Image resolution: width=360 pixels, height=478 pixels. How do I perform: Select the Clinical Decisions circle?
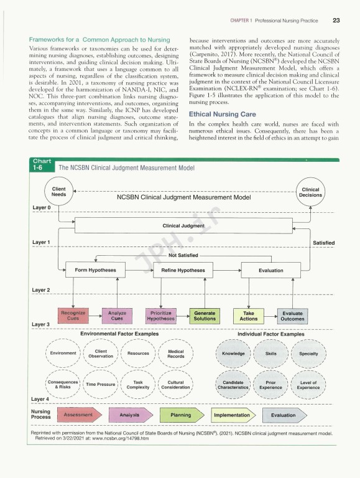310,192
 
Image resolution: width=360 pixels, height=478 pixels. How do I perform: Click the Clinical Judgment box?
183,226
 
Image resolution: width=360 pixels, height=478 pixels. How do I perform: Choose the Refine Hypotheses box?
183,270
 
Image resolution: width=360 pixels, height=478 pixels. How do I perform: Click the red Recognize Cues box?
73,316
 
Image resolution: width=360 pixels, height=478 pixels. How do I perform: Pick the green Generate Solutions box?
205,316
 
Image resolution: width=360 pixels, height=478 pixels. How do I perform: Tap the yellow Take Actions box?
249,316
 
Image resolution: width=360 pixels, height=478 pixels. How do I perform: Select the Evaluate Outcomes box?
292,316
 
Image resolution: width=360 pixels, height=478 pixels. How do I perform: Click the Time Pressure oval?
101,384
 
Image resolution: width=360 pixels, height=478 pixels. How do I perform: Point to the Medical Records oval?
176,354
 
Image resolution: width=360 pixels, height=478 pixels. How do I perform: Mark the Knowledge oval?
233,354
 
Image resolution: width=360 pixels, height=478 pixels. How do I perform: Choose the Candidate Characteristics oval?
233,385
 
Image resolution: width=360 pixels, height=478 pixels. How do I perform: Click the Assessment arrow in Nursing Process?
80,415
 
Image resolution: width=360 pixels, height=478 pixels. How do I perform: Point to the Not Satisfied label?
183,255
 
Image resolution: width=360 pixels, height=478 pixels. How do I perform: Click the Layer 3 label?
41,324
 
